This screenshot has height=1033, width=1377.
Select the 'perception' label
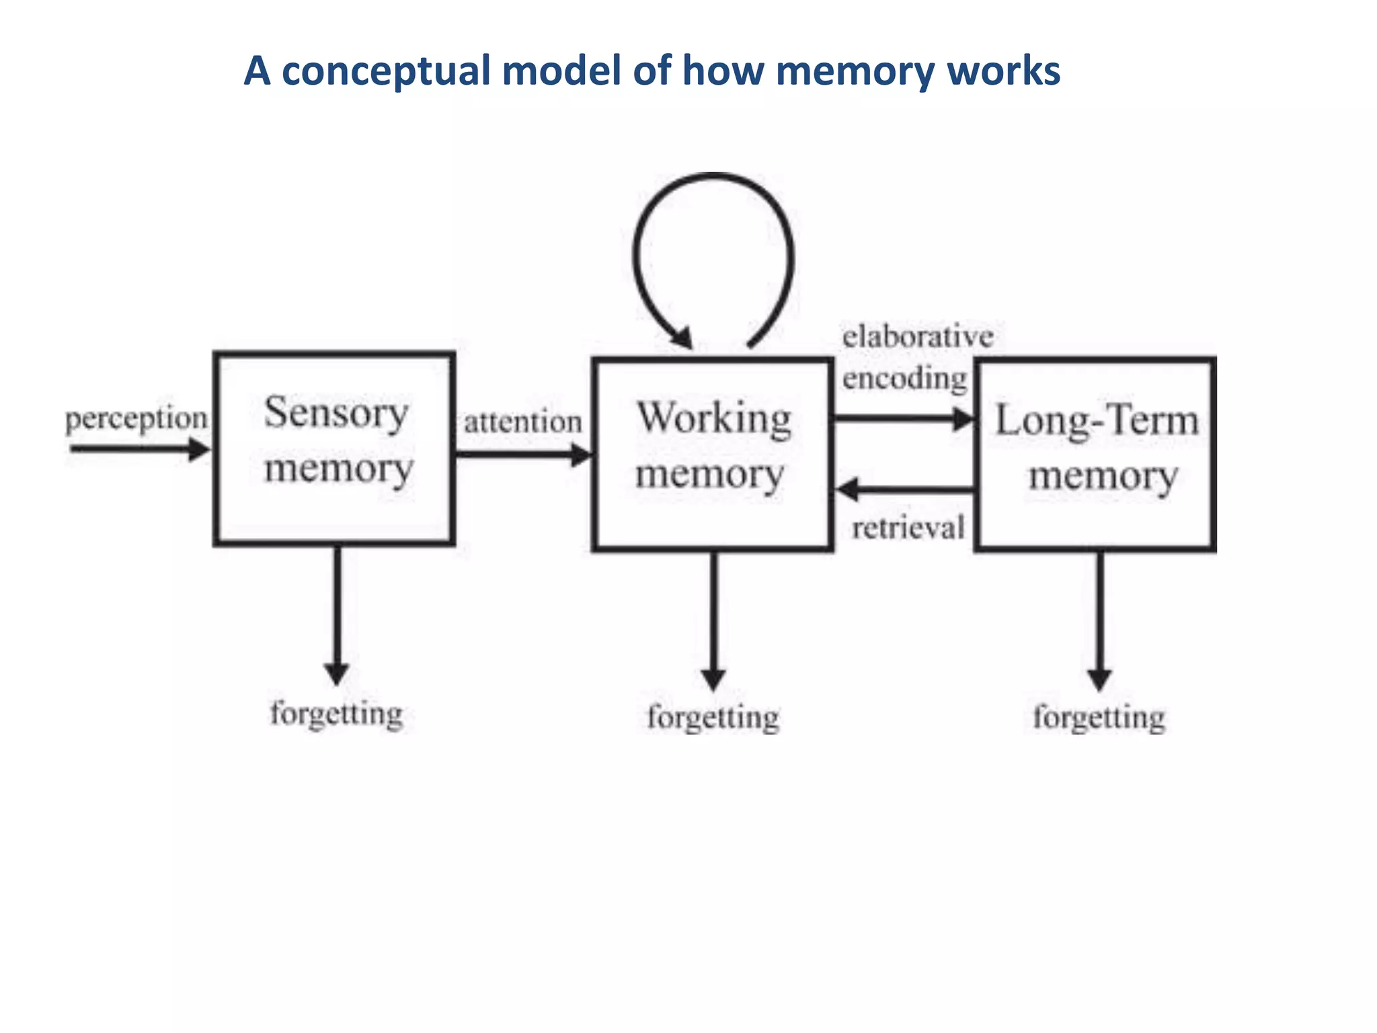pos(136,419)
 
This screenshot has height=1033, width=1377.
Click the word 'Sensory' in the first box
pos(336,412)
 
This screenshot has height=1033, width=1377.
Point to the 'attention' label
pos(522,422)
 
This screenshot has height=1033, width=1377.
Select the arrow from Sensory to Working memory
pos(523,455)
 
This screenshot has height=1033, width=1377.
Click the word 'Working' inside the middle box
pos(714,418)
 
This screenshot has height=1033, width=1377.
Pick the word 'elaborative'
pos(917,336)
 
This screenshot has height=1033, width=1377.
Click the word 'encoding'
pos(904,378)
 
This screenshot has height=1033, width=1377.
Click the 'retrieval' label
pos(908,527)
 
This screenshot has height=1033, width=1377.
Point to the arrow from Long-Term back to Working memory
pos(904,489)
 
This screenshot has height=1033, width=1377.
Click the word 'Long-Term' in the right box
pos(1097,420)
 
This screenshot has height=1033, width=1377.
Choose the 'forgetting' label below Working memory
pos(713,717)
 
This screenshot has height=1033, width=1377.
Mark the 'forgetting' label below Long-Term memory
pos(1099,717)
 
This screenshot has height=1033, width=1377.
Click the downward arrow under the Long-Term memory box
pos(1099,619)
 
